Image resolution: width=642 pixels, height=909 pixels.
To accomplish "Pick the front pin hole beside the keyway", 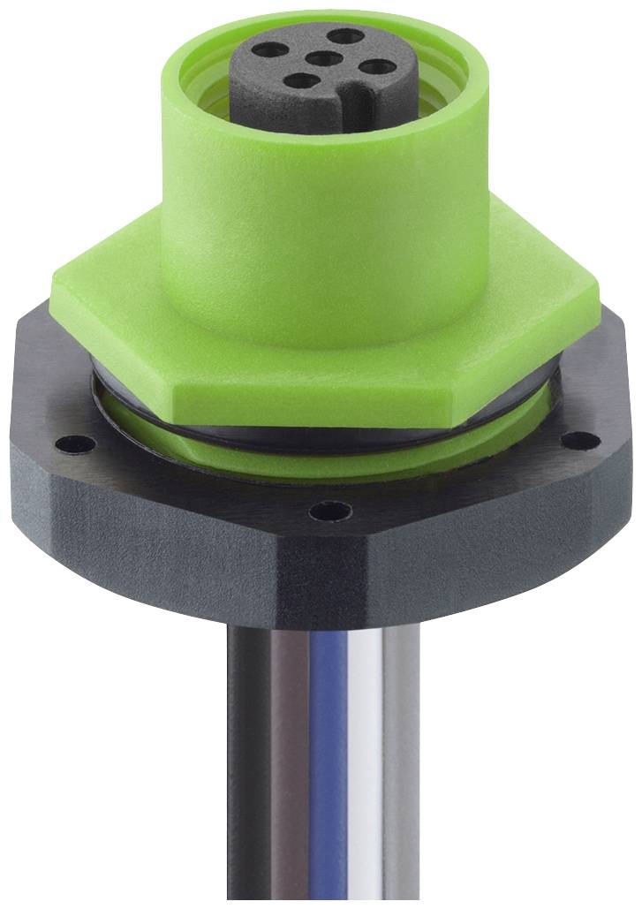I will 305,87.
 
